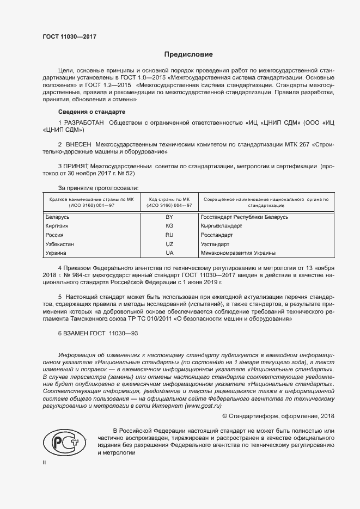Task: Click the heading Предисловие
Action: click(x=188, y=55)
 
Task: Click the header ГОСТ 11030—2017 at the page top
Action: click(x=70, y=38)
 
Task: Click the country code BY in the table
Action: click(x=169, y=217)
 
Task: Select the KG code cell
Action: click(x=169, y=225)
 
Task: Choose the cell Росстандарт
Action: click(x=217, y=235)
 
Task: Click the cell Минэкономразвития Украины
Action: click(x=238, y=253)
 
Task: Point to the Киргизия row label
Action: click(x=57, y=225)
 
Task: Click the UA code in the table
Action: click(x=169, y=253)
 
